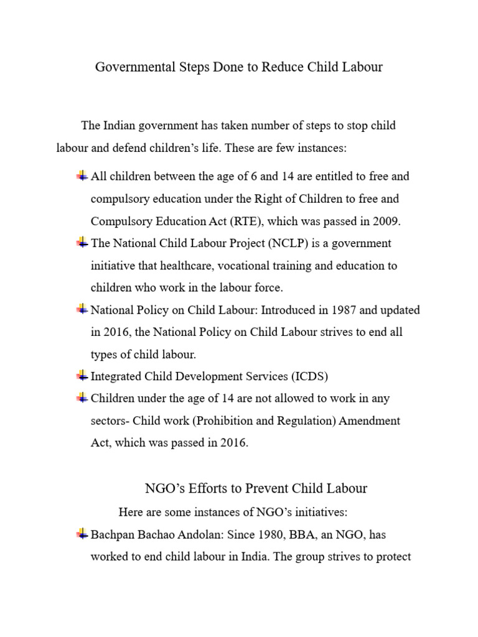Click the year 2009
click(x=388, y=221)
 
